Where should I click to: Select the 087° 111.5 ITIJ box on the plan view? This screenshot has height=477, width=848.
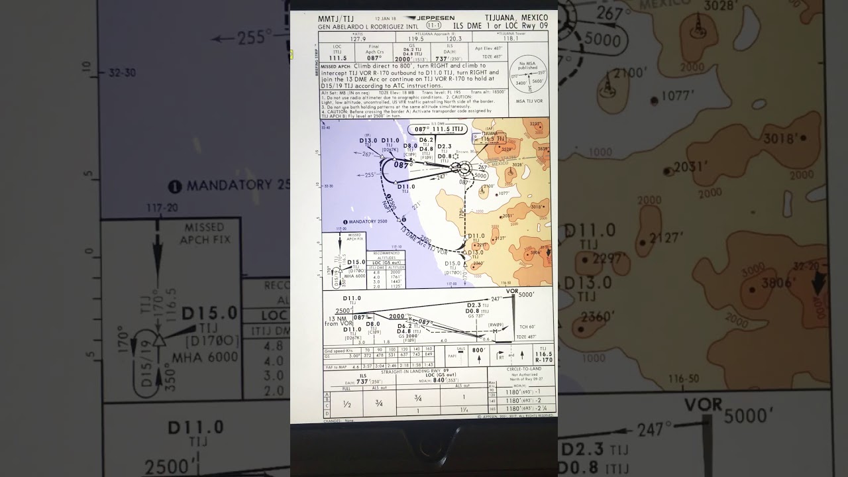point(437,129)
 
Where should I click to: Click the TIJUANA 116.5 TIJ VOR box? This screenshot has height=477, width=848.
point(491,138)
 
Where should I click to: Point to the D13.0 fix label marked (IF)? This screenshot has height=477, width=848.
point(368,140)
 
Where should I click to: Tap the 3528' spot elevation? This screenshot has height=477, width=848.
point(506,150)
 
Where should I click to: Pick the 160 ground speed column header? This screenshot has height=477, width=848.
point(429,348)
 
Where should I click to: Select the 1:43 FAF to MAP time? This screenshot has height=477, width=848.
point(429,364)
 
